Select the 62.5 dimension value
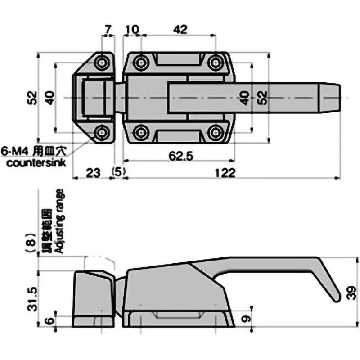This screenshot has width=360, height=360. [x=179, y=156]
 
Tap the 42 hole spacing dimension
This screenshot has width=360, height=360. [x=180, y=30]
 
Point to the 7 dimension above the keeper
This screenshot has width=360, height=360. [x=108, y=30]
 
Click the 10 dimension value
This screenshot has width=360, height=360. [x=132, y=30]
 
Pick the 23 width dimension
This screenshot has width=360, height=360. [x=92, y=172]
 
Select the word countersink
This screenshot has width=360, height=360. [x=36, y=162]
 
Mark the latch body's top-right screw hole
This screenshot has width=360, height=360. [x=216, y=61]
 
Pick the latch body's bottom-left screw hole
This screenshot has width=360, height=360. [x=142, y=132]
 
